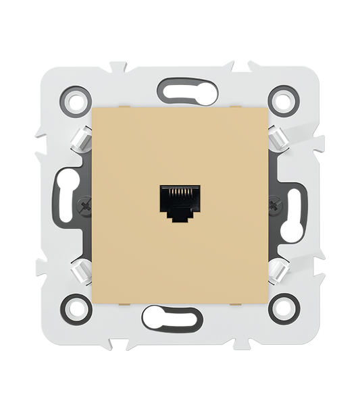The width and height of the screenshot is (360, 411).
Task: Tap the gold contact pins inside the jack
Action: (x=179, y=194)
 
